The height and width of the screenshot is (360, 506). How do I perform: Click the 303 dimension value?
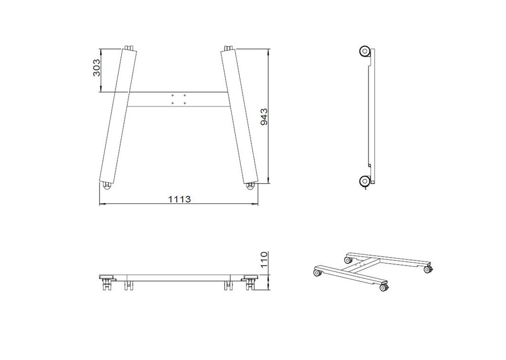[x=96, y=67]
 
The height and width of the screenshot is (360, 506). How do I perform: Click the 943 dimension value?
[x=264, y=117]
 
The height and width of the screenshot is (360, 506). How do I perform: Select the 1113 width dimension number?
[x=179, y=199]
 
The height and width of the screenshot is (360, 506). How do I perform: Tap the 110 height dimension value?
[x=264, y=260]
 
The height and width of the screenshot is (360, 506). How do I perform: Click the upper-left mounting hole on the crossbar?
[x=173, y=95]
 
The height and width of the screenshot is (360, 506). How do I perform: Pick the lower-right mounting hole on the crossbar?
[x=184, y=103]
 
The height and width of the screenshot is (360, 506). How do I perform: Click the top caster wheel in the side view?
[x=365, y=52]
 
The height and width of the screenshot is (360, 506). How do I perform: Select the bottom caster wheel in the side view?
[x=365, y=181]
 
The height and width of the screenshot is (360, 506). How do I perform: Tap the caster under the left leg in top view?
[x=106, y=186]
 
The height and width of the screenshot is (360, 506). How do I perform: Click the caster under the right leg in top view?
[x=250, y=186]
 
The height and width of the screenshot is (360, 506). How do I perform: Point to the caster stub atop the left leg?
[x=129, y=47]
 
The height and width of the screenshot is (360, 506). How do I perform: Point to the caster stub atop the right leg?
[x=228, y=48]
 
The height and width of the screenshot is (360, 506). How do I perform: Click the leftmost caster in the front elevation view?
[x=106, y=283]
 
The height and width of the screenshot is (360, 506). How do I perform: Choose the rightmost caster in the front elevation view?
[x=250, y=283]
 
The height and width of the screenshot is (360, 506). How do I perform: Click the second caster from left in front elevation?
[x=129, y=285]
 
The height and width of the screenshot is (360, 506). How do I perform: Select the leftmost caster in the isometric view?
[x=317, y=273]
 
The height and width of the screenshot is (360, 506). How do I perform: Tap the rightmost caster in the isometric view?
[x=428, y=269]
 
